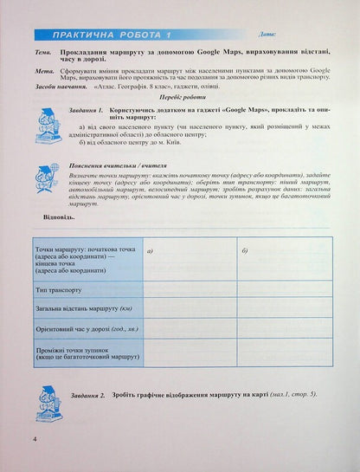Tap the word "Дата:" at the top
267,36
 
